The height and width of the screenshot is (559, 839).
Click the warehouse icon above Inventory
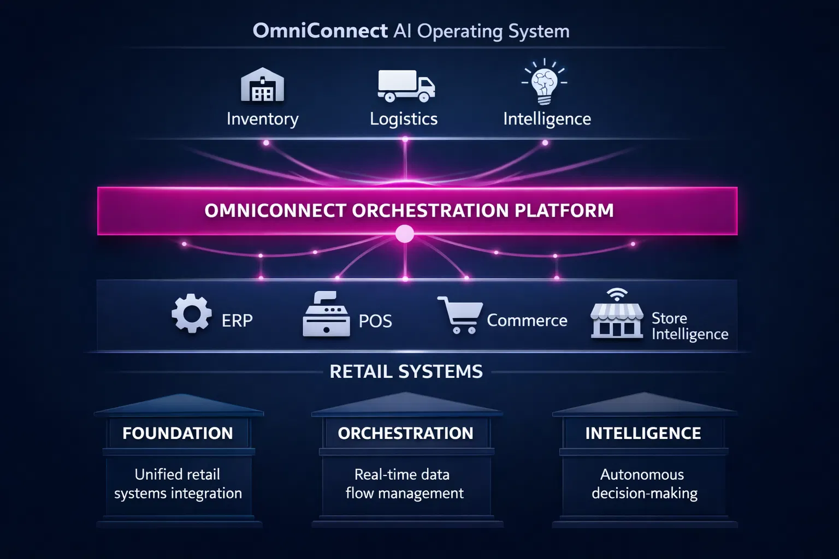262,85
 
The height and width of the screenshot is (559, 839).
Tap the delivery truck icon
406,86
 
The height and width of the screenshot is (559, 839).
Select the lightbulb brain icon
545,82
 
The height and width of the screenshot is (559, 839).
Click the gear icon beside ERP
191,313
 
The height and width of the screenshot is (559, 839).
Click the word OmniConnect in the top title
320,31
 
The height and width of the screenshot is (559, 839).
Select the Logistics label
404,119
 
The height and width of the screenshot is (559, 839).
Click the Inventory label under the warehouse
262,119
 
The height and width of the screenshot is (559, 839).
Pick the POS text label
375,321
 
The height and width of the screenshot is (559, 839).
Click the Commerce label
527,320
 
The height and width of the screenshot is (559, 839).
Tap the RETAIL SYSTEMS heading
406,372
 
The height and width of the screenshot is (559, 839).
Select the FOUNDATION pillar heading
178,433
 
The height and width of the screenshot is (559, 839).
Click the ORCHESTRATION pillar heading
405,433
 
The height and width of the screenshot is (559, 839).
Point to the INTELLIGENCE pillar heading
643,433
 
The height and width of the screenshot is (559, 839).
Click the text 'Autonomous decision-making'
644,484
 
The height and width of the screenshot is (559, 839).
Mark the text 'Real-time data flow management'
404,484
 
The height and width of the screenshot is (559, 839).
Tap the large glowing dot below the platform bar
405,234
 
